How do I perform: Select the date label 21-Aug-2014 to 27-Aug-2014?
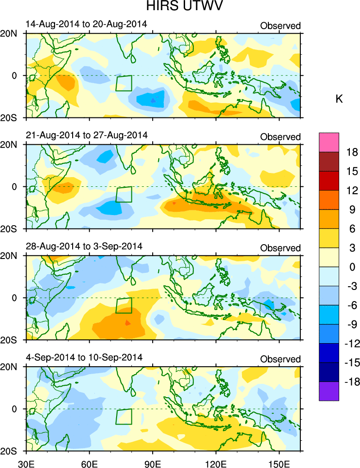pos(86,135)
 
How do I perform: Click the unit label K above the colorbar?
pos(339,99)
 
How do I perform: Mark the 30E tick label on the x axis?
pos(25,461)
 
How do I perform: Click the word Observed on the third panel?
pos(280,248)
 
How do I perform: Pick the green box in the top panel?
pos(124,83)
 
